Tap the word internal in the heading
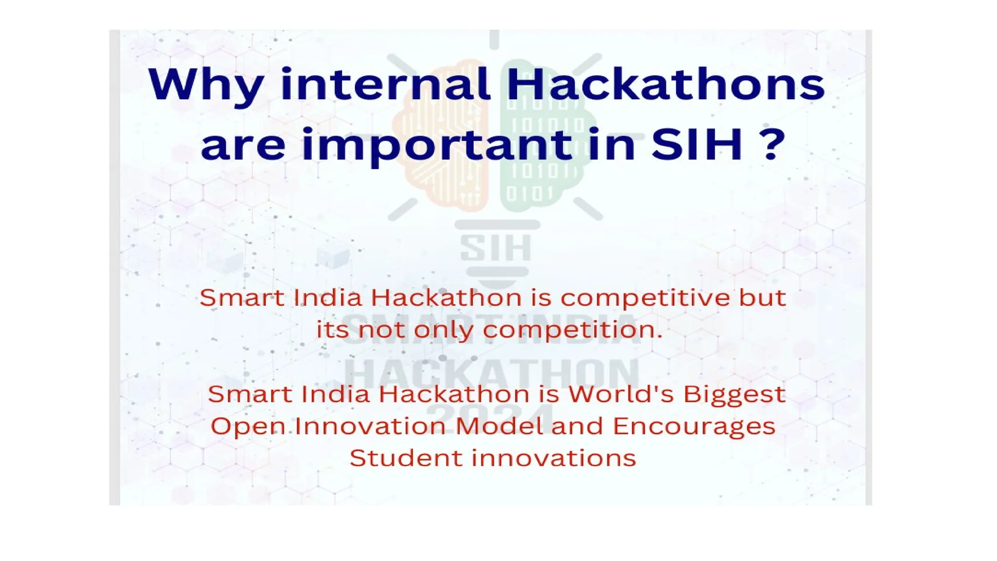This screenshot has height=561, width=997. click(x=386, y=85)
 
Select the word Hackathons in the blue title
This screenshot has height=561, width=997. click(x=665, y=85)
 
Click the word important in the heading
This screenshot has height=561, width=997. click(x=437, y=146)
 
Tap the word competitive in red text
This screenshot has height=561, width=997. click(x=645, y=298)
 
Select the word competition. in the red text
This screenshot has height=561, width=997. click(x=573, y=330)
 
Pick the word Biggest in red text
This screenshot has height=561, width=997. click(x=734, y=395)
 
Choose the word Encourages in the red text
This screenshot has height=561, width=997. click(x=694, y=427)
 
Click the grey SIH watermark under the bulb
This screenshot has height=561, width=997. click(x=496, y=248)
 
